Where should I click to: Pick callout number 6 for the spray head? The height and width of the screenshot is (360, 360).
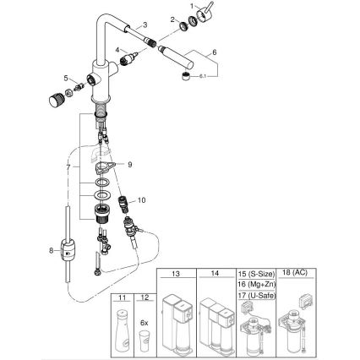(x=215, y=52)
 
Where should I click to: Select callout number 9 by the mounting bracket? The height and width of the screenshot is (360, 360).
(x=129, y=166)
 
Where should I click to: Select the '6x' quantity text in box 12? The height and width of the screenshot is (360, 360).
(x=144, y=322)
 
